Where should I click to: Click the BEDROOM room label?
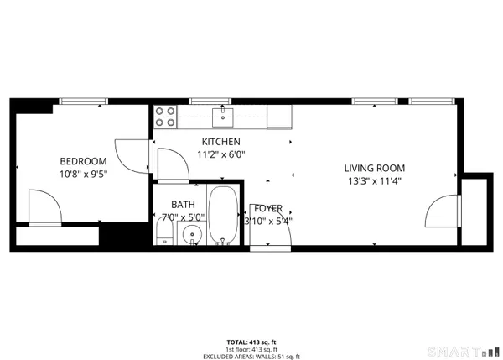click(83, 161)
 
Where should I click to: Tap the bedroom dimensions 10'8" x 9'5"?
click(83, 175)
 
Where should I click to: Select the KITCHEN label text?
click(221, 142)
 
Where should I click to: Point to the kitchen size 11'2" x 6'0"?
click(221, 154)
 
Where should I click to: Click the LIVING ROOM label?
click(375, 168)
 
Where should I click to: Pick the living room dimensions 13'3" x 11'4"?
click(375, 180)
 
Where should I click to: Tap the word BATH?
click(183, 204)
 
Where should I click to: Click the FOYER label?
click(268, 208)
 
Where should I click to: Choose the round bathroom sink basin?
click(192, 233)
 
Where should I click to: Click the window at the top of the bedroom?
click(84, 102)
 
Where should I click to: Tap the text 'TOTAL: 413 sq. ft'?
click(251, 342)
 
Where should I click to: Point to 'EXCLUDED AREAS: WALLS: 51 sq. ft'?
click(251, 356)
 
